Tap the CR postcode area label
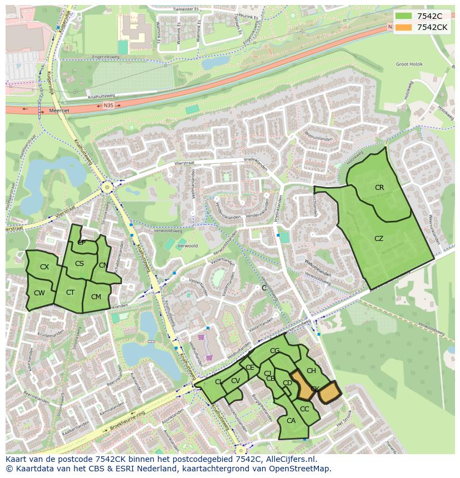[x=379, y=188]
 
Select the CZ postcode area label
[x=379, y=239]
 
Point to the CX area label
[x=44, y=267]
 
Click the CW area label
[x=39, y=293]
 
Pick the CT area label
[x=71, y=293]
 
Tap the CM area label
[x=96, y=297]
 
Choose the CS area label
[x=79, y=264]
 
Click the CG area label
[x=274, y=351]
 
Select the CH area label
[x=311, y=371]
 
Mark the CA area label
[x=291, y=421]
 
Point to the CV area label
[x=236, y=381]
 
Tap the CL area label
[x=219, y=382]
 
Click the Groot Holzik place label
[x=409, y=64]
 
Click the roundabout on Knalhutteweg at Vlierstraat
[x=107, y=188]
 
